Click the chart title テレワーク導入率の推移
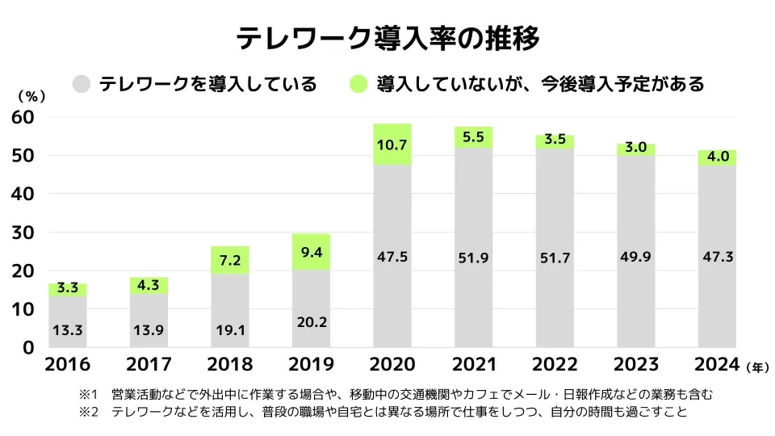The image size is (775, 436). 387,39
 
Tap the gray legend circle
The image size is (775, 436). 82,84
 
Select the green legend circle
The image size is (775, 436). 359,84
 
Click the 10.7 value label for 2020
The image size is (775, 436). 392,145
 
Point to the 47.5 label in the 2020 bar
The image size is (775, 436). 392,257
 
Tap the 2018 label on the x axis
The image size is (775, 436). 230,364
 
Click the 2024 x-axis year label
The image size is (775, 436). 716,364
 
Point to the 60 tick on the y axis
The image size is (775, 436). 23,117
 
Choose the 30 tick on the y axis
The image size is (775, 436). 23,233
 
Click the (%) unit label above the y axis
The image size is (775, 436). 31,95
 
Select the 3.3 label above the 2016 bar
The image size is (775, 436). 68,287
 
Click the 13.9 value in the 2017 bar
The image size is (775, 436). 149,330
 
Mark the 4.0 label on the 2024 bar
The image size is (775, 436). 718,157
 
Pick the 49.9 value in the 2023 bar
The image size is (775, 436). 636,257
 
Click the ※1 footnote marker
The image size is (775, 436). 88,395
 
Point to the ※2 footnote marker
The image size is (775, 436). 88,413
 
